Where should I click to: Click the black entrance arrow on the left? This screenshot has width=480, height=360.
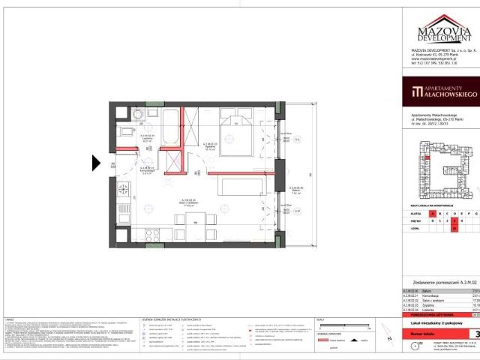point(96,163)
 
